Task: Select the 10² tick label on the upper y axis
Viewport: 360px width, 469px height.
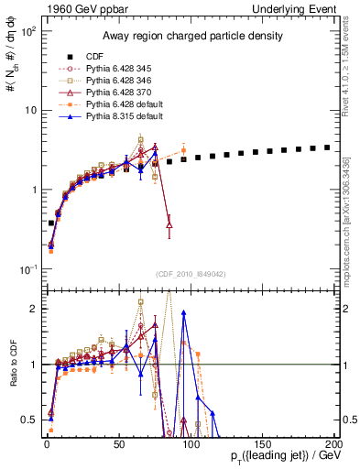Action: [x=28, y=32]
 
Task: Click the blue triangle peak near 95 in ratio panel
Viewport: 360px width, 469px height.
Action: [x=183, y=312]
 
